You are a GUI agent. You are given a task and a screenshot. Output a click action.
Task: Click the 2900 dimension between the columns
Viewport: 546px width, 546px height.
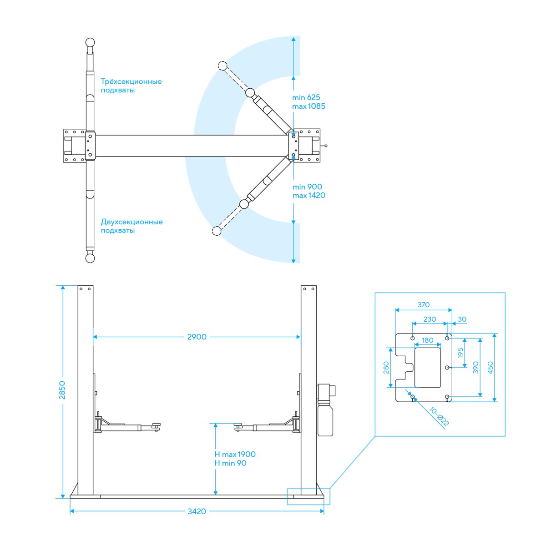click(197, 337)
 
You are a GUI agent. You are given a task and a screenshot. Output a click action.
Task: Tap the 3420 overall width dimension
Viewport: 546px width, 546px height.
click(197, 511)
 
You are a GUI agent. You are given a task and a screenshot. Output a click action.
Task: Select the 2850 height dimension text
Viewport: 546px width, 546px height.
click(62, 390)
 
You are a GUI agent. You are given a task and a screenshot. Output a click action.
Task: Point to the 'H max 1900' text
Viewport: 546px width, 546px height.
click(235, 454)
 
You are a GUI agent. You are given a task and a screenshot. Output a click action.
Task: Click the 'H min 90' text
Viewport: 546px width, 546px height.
click(230, 463)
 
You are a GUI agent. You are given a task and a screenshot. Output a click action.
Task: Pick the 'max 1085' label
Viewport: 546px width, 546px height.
click(308, 106)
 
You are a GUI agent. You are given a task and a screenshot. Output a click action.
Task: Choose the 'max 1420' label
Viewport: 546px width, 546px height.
click(309, 195)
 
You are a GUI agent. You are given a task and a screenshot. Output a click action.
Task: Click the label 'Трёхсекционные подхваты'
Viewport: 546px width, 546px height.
click(131, 86)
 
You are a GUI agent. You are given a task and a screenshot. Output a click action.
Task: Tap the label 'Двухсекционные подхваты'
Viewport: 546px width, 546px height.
click(132, 226)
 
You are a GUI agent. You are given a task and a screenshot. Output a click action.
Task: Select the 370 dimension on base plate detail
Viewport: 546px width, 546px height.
click(423, 304)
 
